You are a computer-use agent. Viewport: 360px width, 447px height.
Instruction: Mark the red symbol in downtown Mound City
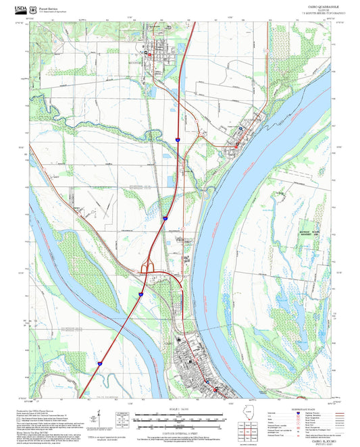tap(237, 144)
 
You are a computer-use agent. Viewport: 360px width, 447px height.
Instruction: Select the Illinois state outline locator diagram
tap(251, 419)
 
